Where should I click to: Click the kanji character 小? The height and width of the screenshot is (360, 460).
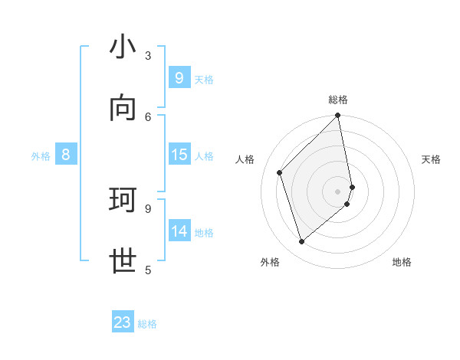(x=123, y=49)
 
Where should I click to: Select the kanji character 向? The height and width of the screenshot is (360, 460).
(x=123, y=110)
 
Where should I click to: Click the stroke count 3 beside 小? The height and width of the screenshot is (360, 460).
(x=148, y=55)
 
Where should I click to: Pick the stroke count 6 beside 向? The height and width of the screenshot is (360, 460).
(x=148, y=116)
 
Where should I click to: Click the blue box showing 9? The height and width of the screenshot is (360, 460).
(x=179, y=78)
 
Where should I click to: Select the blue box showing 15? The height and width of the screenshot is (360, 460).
(x=179, y=155)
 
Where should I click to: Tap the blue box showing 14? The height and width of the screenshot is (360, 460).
(x=179, y=231)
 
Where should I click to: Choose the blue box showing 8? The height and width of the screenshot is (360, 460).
(x=66, y=155)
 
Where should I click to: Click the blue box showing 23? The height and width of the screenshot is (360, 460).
(x=123, y=322)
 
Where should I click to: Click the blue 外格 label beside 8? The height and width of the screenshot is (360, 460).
(x=41, y=156)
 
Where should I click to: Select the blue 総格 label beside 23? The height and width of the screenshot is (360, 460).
(x=147, y=324)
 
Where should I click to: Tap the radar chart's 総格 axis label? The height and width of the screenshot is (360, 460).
(x=338, y=100)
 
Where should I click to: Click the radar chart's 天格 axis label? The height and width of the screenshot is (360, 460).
(x=431, y=159)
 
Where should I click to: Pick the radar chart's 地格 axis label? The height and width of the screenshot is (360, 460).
(x=402, y=262)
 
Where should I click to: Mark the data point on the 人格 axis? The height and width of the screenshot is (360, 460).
(x=280, y=172)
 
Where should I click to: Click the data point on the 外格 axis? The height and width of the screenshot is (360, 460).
(x=301, y=242)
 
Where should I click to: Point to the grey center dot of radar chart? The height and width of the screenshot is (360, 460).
(x=338, y=191)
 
